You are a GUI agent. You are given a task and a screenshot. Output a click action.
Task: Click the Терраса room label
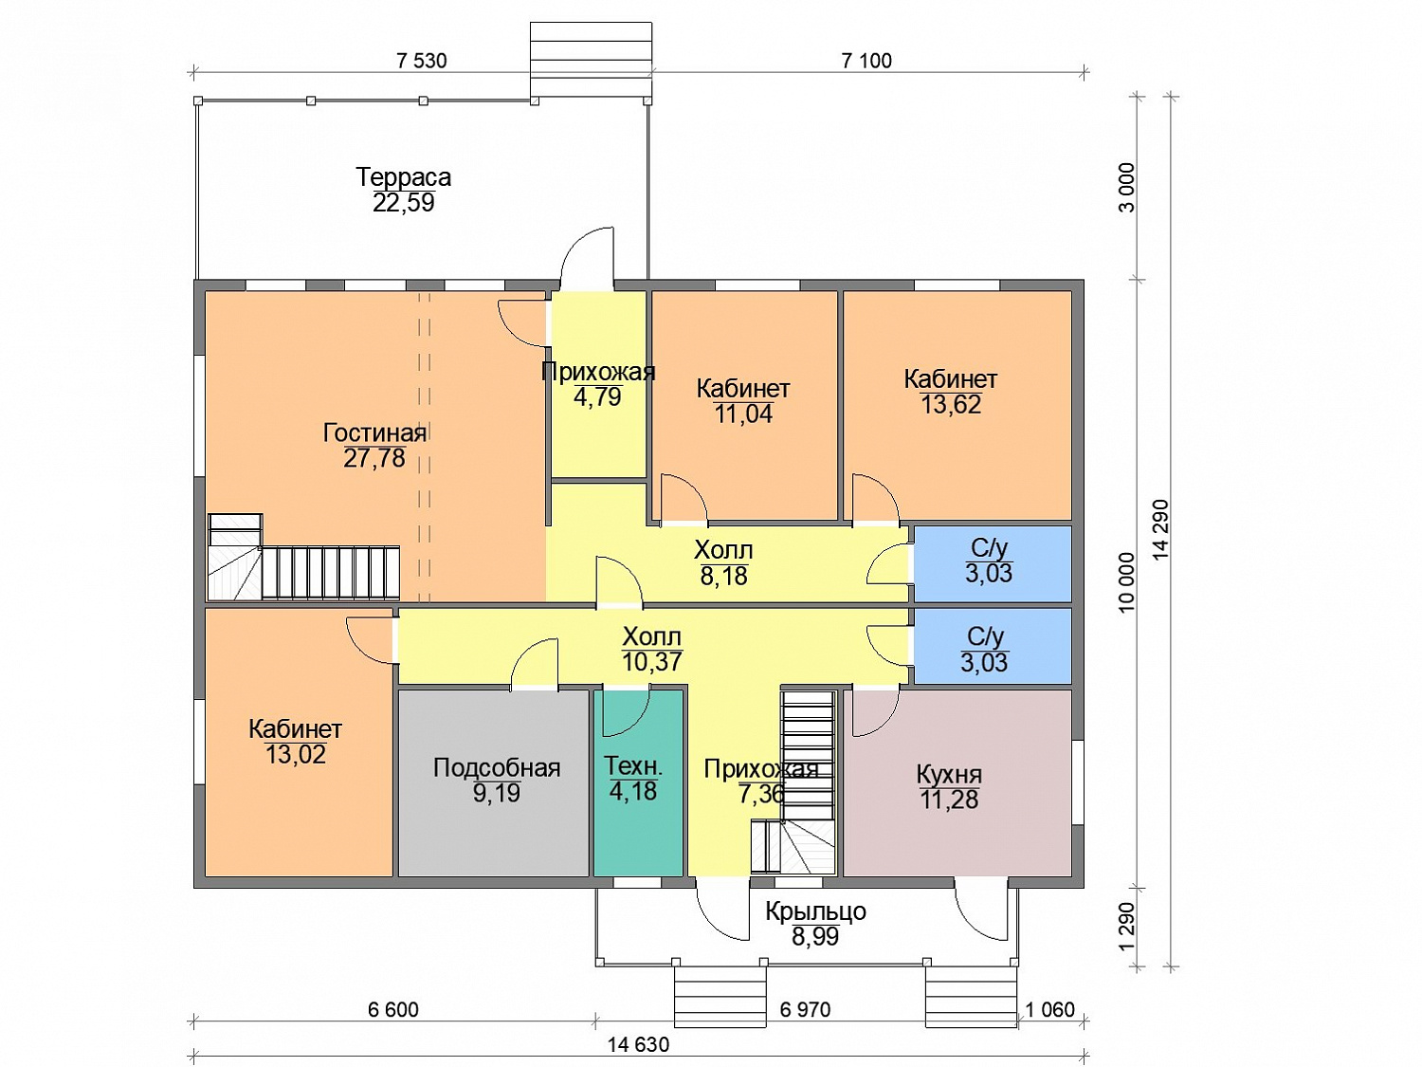403,176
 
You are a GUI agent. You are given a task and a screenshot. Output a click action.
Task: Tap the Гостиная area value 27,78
374,458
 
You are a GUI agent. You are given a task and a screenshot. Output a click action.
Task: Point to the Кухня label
949,775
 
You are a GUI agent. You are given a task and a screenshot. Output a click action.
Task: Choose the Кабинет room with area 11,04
744,405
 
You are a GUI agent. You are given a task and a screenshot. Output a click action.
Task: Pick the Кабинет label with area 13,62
951,379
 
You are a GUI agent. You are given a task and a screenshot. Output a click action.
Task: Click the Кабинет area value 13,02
296,755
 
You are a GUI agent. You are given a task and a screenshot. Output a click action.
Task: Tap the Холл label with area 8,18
723,551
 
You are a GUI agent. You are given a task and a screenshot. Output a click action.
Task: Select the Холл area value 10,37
651,661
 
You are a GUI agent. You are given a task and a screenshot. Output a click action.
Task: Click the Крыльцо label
815,911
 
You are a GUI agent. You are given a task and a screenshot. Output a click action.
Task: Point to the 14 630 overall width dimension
638,1044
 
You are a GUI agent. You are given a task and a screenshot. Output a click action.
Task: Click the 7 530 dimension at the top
422,61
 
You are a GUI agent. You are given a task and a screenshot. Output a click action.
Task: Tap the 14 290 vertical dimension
1160,529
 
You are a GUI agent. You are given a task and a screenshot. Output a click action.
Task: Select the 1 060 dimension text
1050,1009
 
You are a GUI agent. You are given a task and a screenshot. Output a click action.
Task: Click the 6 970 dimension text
805,1009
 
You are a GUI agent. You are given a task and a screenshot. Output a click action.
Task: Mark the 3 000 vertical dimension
1128,187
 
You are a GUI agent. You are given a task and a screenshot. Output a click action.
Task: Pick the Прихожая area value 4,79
597,396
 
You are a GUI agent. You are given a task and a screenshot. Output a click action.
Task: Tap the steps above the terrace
591,63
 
